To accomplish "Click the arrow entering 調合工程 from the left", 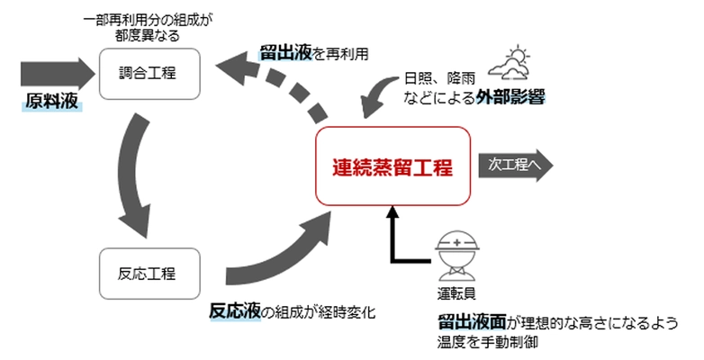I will coord(54,70).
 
